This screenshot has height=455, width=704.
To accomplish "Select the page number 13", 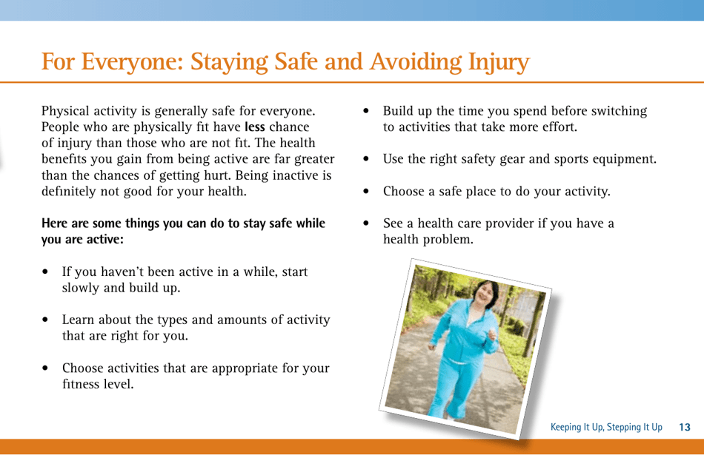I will (684, 427).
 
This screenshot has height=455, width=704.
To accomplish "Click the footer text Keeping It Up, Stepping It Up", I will (605, 427).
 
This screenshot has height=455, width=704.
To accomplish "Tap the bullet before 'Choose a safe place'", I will (367, 192).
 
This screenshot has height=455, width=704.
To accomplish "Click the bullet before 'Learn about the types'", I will (46, 320).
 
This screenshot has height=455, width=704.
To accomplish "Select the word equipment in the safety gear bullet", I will (620, 159).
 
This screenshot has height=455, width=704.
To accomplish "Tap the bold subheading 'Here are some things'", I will (183, 231).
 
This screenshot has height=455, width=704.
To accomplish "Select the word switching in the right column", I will (620, 111).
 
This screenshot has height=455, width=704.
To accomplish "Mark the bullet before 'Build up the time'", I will (367, 112).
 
